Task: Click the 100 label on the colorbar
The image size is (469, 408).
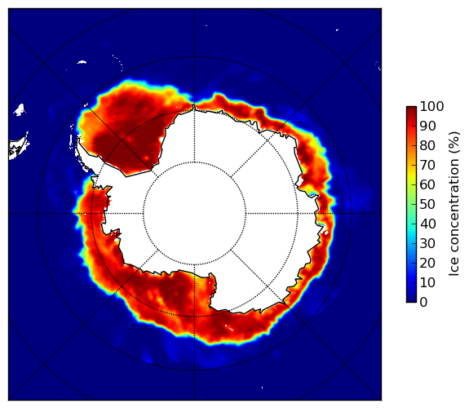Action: (432, 107)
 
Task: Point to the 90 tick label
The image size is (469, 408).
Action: (428, 126)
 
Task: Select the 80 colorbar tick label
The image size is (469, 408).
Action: (428, 146)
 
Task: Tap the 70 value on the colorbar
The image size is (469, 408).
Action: (428, 165)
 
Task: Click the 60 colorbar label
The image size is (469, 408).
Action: (428, 184)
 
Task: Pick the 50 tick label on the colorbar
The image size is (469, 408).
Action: (428, 205)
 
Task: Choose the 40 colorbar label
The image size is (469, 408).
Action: (428, 224)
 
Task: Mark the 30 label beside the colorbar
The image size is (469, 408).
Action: (428, 244)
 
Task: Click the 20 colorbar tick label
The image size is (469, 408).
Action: (428, 263)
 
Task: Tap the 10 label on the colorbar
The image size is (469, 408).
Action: (428, 282)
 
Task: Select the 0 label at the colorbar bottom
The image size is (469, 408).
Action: (424, 303)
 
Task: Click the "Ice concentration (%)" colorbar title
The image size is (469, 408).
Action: (454, 204)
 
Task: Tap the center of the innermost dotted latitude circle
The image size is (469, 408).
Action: (194, 214)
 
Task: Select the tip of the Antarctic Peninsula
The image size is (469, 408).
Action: (78, 140)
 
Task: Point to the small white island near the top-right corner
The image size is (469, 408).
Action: (337, 29)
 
